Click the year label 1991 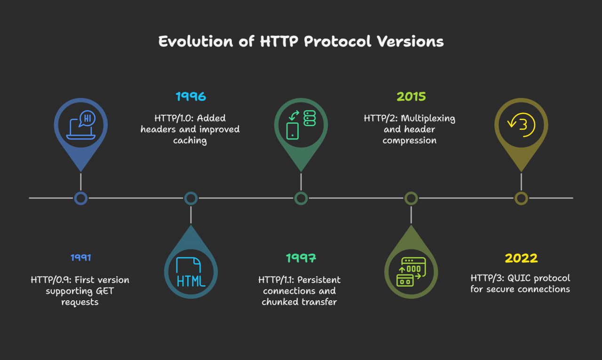tap(80, 257)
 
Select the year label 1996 tap(191, 96)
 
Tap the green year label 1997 tap(301, 258)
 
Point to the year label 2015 tap(411, 96)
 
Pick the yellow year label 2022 tap(521, 258)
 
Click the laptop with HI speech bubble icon tap(80, 125)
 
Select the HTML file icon tap(191, 272)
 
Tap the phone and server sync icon tap(301, 125)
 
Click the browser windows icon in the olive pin tap(411, 272)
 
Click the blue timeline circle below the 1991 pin tap(80, 198)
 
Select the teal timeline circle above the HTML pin tap(191, 198)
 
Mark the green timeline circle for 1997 tap(301, 198)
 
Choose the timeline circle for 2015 tap(411, 198)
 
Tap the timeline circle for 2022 tap(522, 198)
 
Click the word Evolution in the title tap(196, 41)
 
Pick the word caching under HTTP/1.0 tap(190, 141)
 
